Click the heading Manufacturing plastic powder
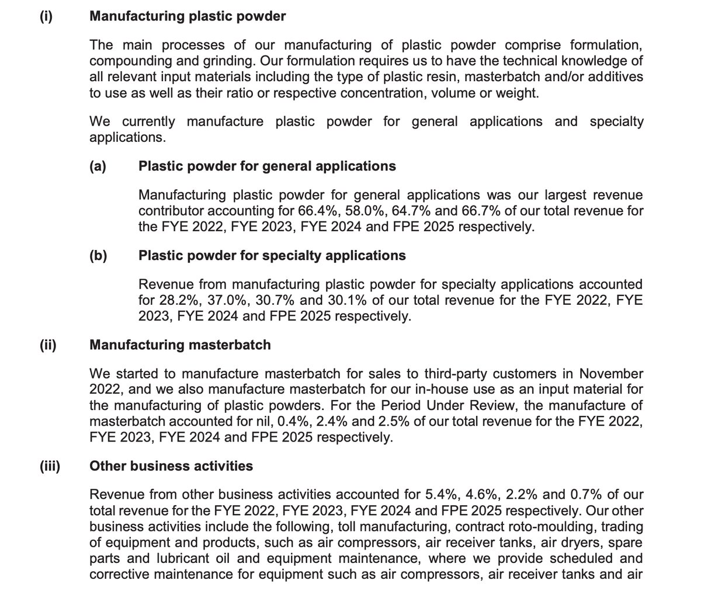point(188,16)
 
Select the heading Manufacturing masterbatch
point(180,345)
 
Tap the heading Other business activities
point(171,466)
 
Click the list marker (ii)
point(47,345)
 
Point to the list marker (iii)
point(49,466)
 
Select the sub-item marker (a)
point(98,166)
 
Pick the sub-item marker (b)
point(98,256)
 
